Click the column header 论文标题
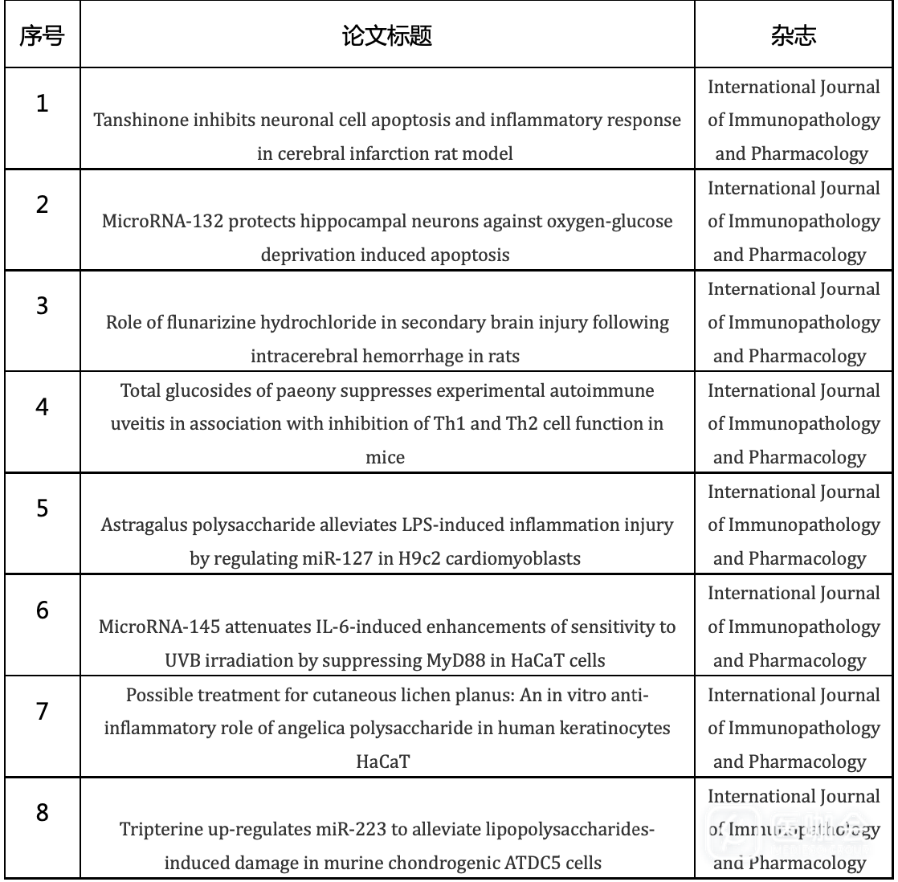point(388,37)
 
